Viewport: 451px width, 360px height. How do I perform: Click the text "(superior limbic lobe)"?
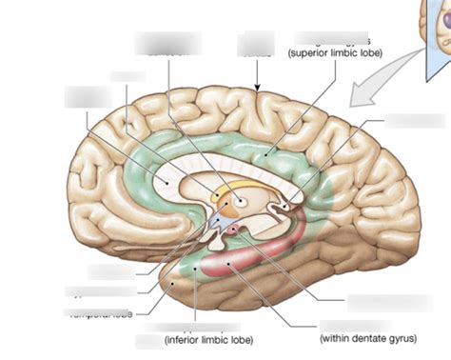point(334,52)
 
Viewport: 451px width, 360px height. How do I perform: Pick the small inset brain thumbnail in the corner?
point(434,24)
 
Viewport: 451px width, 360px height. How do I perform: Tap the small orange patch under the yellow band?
point(218,198)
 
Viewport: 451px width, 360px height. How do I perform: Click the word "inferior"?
point(188,338)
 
